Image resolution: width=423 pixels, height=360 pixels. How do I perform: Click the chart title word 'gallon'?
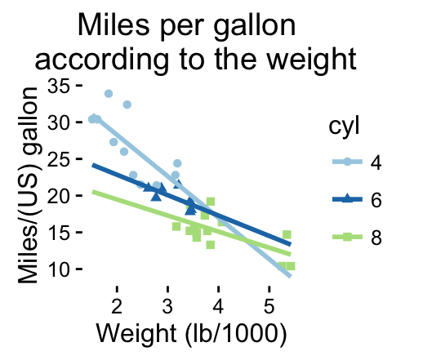point(254,27)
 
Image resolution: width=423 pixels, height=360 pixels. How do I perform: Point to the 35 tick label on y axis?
point(58,87)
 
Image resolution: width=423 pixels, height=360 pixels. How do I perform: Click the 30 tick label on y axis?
point(58,122)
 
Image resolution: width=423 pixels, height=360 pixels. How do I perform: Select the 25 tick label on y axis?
point(58,159)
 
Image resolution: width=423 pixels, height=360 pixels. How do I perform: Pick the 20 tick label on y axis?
point(58,196)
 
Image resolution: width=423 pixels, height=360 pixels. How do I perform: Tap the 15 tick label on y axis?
point(58,233)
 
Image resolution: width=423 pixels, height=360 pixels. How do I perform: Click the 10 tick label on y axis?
point(58,269)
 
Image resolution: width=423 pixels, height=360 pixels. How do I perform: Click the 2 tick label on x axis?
point(117,306)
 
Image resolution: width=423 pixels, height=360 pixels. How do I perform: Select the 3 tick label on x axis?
point(167,306)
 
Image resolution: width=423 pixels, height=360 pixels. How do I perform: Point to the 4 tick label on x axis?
point(218,306)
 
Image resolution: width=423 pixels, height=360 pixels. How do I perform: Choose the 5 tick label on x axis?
point(269,306)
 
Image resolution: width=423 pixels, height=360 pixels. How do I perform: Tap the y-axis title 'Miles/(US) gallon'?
point(29,185)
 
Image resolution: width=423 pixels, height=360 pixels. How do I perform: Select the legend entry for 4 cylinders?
point(357,162)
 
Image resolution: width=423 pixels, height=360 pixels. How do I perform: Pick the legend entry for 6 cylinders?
point(357,200)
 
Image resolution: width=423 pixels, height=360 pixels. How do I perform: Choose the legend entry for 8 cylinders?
point(357,238)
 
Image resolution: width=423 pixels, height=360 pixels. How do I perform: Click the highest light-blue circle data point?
point(109,94)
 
